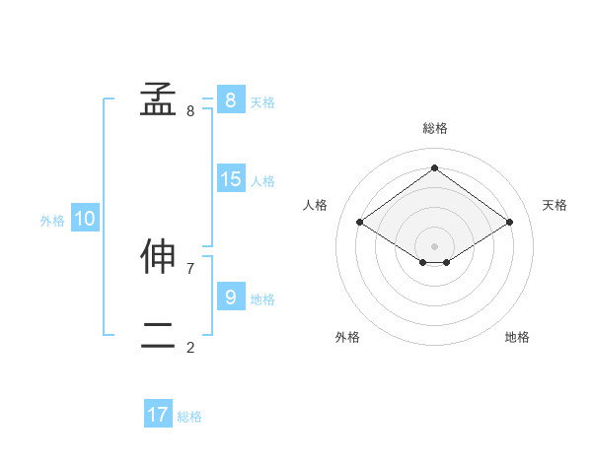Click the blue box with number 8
(x=230, y=100)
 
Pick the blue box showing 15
(x=230, y=179)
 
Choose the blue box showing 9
(x=230, y=297)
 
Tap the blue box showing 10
(x=85, y=219)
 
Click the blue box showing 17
(x=158, y=415)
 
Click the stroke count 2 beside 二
(x=190, y=347)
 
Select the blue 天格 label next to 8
(x=262, y=102)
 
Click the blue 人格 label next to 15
(x=262, y=181)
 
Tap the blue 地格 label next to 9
(x=262, y=298)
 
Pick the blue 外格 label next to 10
(x=52, y=221)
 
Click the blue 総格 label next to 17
(x=189, y=417)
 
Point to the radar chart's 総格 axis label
(x=435, y=128)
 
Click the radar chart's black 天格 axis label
(x=555, y=205)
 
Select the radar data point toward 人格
(x=360, y=223)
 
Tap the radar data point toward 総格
(x=434, y=168)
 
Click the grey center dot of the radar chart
(x=434, y=245)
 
